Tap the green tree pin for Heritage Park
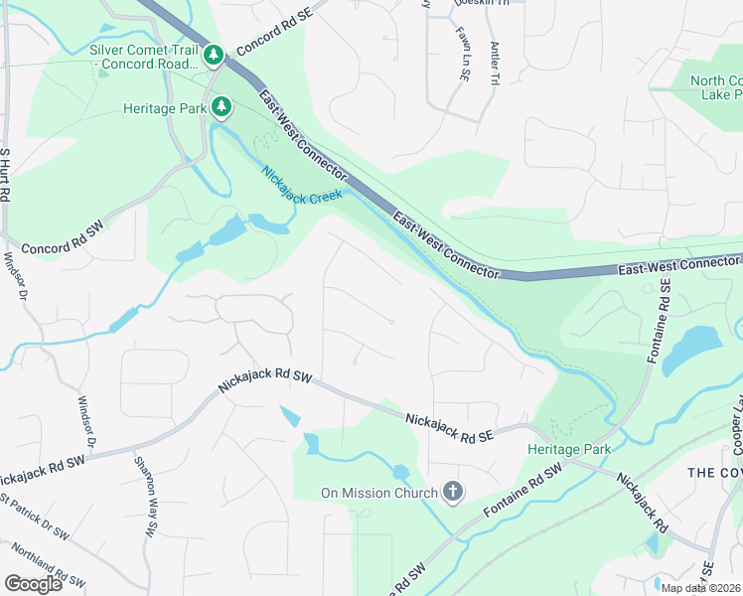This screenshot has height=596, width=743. [223, 106]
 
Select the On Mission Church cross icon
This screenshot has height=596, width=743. [453, 492]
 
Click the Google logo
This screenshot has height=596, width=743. [33, 584]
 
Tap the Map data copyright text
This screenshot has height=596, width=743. [701, 588]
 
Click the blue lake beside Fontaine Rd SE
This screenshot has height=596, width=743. [691, 351]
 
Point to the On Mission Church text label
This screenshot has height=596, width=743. [378, 493]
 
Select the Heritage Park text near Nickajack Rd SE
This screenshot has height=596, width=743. [568, 449]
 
